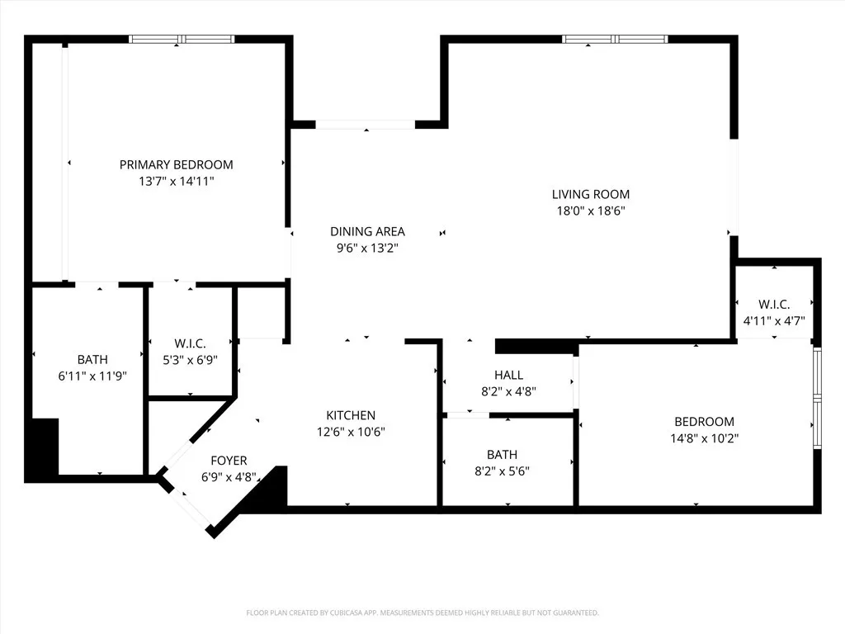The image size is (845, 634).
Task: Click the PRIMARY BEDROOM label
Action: [176, 164]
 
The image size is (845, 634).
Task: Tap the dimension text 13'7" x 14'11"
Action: [176, 181]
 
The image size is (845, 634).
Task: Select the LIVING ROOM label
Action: [590, 194]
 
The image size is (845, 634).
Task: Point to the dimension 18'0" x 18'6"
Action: [590, 211]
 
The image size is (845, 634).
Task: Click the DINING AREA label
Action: [367, 231]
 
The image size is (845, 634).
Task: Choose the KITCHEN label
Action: [351, 415]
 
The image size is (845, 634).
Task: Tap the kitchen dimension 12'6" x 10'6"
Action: [351, 431]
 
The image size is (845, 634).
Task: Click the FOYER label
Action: [229, 461]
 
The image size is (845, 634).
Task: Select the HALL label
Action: [508, 375]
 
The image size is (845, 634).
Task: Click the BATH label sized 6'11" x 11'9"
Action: [92, 359]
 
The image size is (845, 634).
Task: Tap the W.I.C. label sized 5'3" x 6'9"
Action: [190, 343]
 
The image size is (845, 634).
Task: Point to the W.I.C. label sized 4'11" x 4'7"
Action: [773, 304]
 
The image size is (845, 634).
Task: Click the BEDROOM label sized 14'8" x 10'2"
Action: [704, 422]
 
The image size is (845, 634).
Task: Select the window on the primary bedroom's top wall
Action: [182, 39]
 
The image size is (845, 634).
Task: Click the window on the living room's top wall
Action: [615, 39]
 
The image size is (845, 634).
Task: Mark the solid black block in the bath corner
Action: [43, 448]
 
